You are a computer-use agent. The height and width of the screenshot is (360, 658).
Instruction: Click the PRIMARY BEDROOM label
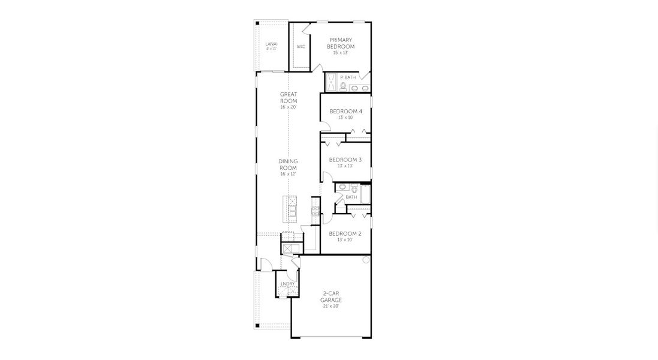click(340, 43)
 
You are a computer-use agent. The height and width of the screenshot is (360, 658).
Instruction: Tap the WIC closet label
click(301, 46)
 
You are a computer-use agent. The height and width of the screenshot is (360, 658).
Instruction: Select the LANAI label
click(271, 44)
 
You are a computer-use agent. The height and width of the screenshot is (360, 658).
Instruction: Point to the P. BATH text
click(348, 77)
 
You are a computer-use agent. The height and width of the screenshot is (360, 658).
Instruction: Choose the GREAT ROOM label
click(289, 97)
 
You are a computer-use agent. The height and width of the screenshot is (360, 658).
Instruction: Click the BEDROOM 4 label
click(345, 111)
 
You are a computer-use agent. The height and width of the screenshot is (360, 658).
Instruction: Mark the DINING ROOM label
click(288, 164)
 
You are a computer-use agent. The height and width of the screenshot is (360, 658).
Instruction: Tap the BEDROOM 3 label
click(345, 160)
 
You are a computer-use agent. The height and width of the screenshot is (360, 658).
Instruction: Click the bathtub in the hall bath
click(365, 195)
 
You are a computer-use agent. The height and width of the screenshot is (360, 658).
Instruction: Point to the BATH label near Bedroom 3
click(351, 197)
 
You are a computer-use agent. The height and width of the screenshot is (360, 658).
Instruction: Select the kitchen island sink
click(293, 210)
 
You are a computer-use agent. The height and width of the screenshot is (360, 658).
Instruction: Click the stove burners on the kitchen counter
click(314, 210)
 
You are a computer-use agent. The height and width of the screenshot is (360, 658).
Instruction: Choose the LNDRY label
click(287, 284)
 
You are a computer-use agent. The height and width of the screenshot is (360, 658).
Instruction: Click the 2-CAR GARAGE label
click(330, 296)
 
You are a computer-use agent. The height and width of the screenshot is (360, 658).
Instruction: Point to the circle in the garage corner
click(365, 260)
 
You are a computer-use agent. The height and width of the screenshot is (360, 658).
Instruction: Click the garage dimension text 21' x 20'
click(330, 306)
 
